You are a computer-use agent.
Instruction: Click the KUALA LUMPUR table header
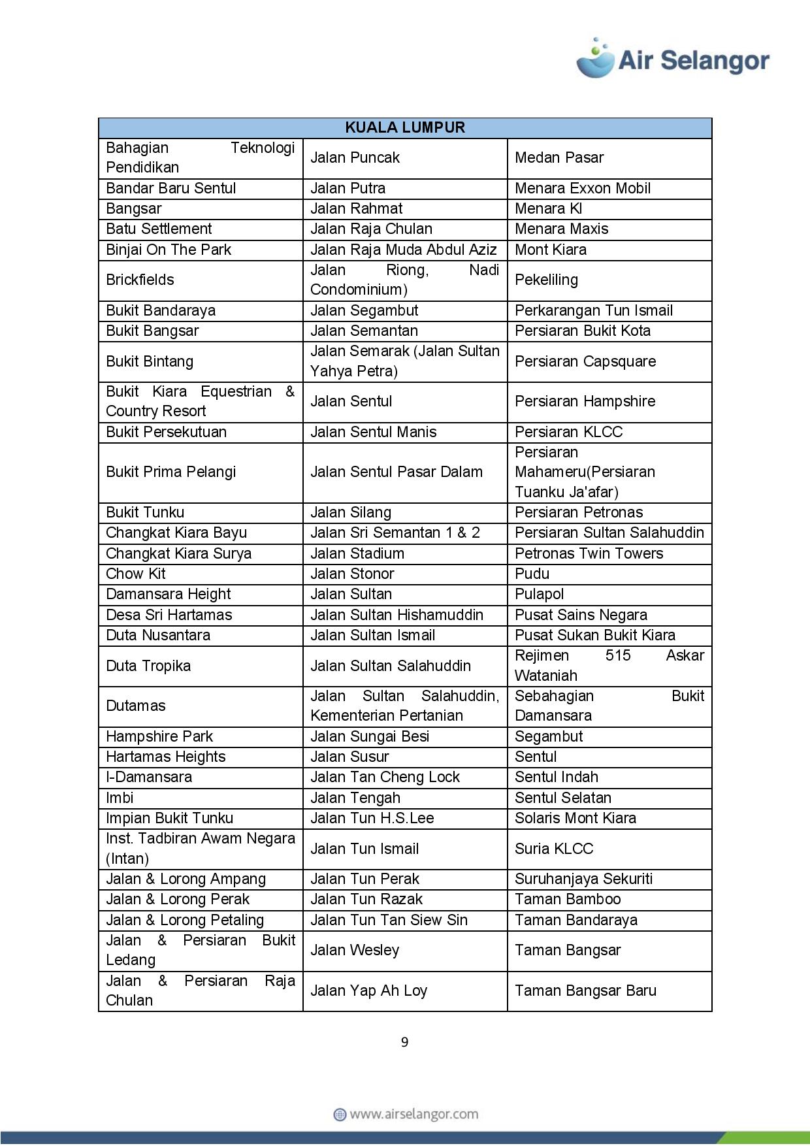(x=405, y=127)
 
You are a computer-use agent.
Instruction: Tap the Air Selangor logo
(x=673, y=59)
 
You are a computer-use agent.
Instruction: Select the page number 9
(x=405, y=1042)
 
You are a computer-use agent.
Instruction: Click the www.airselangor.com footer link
(x=406, y=1114)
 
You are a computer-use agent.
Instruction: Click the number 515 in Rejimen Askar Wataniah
(x=618, y=655)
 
